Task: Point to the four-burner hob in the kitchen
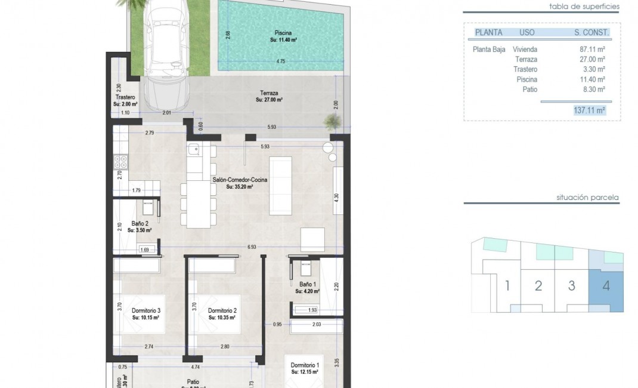pyautogui.click(x=119, y=162)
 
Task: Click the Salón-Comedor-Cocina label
pyautogui.click(x=240, y=183)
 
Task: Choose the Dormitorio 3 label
pyautogui.click(x=145, y=314)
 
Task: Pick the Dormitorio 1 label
pyautogui.click(x=305, y=368)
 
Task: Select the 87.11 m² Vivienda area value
pyautogui.click(x=593, y=50)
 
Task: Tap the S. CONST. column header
pyautogui.click(x=587, y=33)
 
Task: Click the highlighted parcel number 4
pyautogui.click(x=606, y=285)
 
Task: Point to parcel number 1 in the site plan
pyautogui.click(x=507, y=285)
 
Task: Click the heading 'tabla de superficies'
pyautogui.click(x=585, y=7)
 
